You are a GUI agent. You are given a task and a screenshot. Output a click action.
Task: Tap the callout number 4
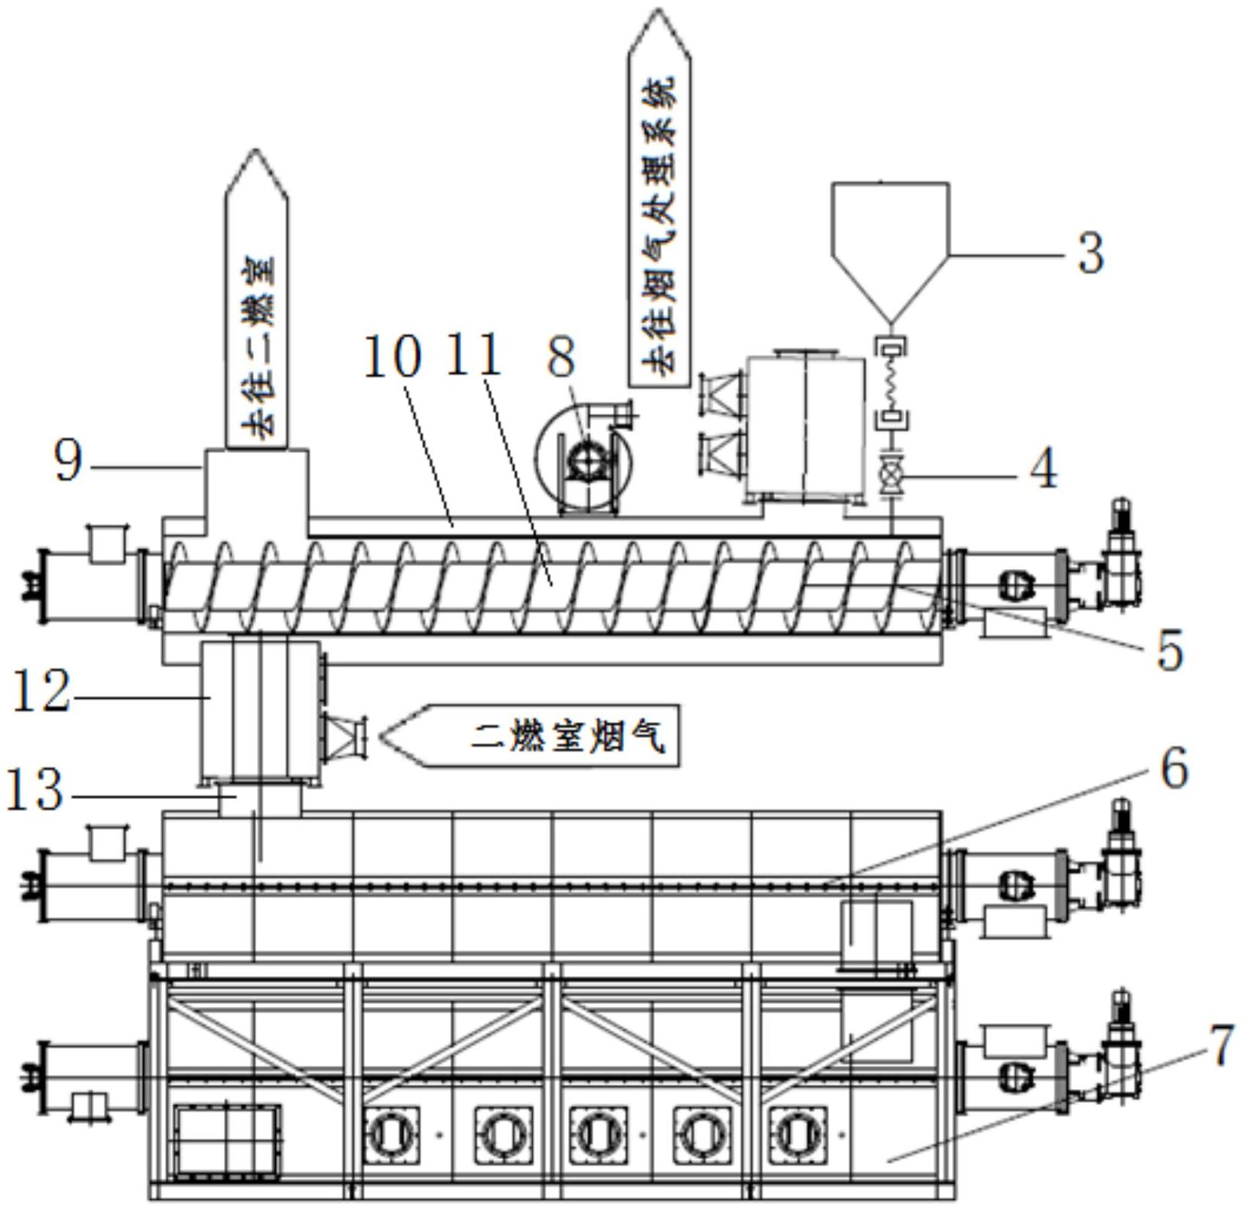point(1043,469)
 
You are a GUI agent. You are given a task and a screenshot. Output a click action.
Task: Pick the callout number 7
point(1222,1046)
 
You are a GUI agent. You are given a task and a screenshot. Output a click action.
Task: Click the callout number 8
point(561,357)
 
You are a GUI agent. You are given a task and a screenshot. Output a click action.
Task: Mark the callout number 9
point(68,461)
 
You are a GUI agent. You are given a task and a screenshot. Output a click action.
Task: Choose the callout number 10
point(393,356)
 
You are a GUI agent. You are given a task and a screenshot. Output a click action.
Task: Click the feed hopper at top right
point(890,253)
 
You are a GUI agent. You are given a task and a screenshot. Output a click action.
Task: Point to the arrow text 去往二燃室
point(258,348)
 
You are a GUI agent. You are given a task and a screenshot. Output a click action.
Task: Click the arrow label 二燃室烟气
point(568,736)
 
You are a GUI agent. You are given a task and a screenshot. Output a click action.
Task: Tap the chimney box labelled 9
point(256,491)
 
